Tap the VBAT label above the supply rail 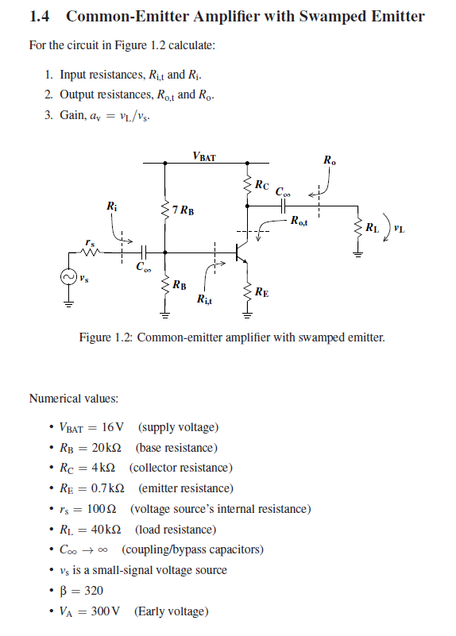(x=203, y=156)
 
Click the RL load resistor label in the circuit (x=372, y=229)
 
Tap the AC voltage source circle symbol (x=68, y=278)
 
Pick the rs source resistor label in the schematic (x=90, y=241)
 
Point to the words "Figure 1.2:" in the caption (x=106, y=337)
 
